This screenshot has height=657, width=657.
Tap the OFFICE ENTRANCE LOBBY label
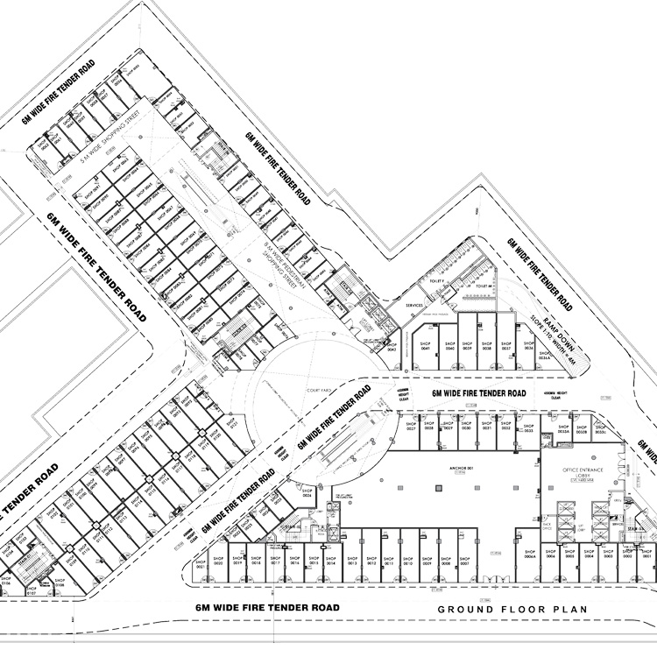coord(583,474)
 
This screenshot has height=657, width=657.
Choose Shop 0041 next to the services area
coord(427,347)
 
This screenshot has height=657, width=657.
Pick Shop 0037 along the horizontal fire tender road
coord(505,347)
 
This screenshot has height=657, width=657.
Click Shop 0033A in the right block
coord(564,431)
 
